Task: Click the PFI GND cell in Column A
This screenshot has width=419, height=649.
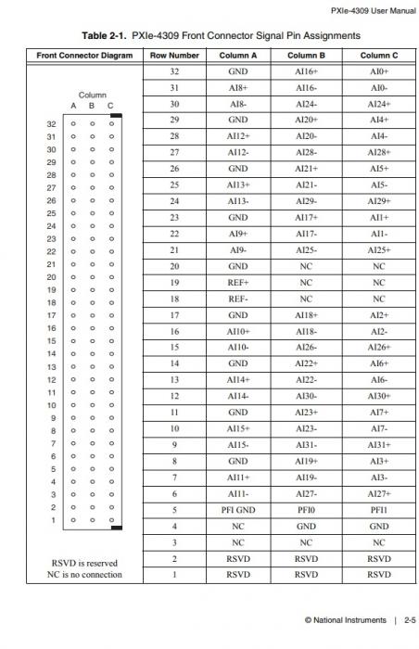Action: point(238,509)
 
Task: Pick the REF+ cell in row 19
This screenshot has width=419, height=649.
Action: point(238,282)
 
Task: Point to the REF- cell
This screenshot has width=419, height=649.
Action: point(238,299)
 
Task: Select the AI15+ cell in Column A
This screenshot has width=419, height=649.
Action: point(238,428)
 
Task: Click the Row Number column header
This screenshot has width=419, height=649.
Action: point(174,55)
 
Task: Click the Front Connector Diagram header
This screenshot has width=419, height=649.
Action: point(84,55)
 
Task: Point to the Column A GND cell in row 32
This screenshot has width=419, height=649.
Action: point(238,70)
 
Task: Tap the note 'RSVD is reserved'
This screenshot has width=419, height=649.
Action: point(83,562)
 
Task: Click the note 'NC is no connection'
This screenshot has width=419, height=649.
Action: point(83,575)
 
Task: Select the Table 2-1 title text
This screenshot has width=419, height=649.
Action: point(221,35)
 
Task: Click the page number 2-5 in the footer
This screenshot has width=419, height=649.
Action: point(408,619)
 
